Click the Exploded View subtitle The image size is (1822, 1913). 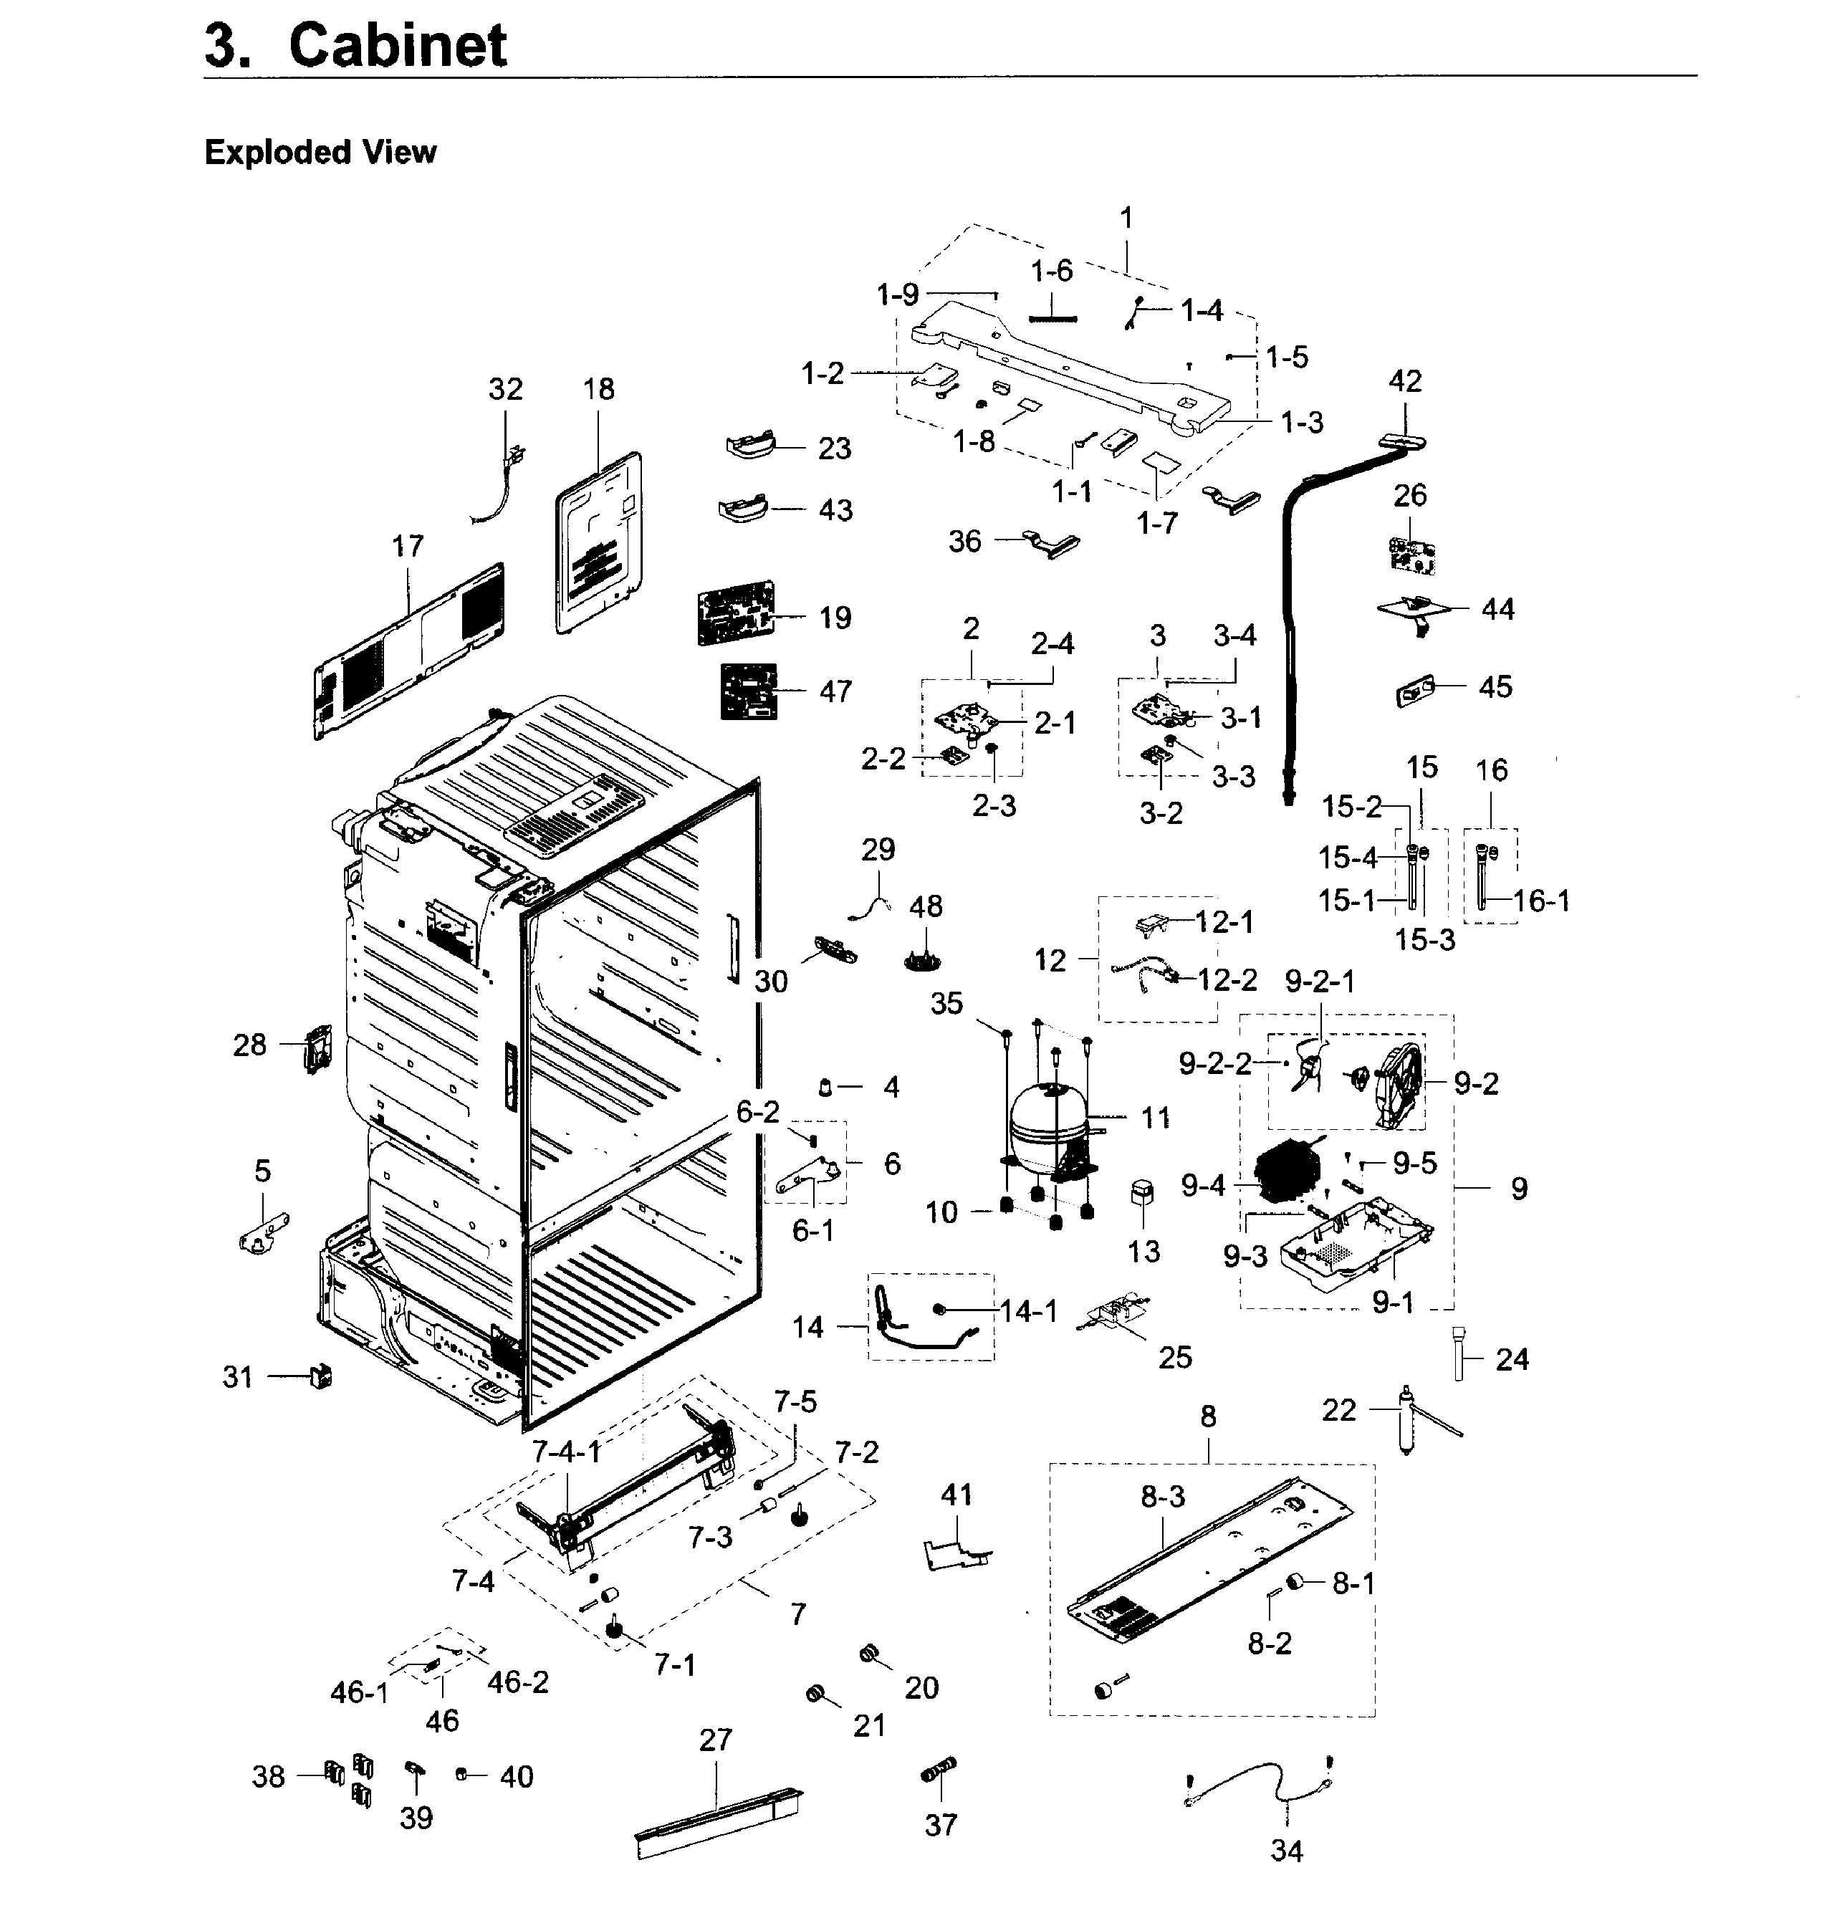(320, 153)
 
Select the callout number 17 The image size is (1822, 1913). (408, 547)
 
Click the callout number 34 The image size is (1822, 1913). (1286, 1851)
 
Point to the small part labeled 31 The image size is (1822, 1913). (320, 1376)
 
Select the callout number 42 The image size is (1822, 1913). (1405, 380)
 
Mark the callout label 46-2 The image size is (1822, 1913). (518, 1682)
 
